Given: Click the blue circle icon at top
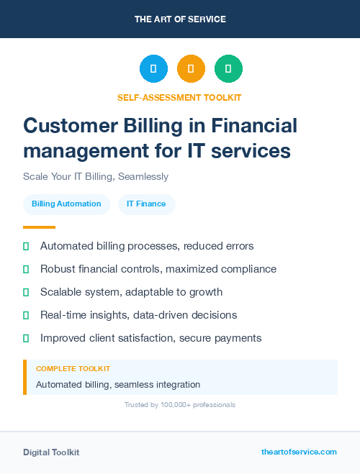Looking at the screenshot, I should [x=153, y=69].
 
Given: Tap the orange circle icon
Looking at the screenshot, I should [x=191, y=69].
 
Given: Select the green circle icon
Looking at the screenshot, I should [x=228, y=69].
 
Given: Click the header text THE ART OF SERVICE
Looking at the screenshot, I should [x=180, y=19].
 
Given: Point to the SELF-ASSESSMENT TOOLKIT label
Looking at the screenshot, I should [x=180, y=97].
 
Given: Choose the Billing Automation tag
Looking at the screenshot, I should [x=66, y=204].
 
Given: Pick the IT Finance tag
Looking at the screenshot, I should [x=146, y=204].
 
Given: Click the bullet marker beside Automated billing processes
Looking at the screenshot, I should [x=26, y=246].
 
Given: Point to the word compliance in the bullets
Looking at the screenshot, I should [x=248, y=269].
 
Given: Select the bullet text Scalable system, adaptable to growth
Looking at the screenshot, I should [x=131, y=292].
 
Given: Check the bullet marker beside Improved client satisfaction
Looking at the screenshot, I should [x=26, y=338].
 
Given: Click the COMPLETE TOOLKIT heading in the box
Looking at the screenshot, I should [x=73, y=368].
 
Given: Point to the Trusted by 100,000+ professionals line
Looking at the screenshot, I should [x=180, y=405].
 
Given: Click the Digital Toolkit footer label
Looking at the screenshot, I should [x=51, y=452].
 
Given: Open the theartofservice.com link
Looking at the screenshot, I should [x=299, y=452].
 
